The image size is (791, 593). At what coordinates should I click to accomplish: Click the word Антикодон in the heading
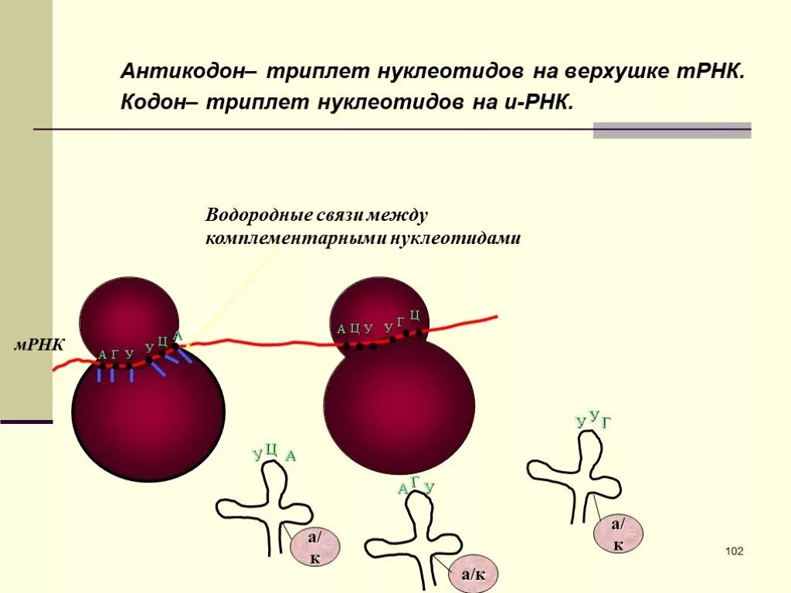click(182, 72)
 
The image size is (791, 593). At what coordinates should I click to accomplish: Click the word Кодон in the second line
click(152, 102)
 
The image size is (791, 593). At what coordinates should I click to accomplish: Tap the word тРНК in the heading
click(711, 72)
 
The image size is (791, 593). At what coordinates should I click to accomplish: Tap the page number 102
click(734, 551)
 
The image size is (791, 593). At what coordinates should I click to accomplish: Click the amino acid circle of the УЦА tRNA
click(314, 548)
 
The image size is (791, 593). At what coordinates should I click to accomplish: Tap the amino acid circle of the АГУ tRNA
click(474, 574)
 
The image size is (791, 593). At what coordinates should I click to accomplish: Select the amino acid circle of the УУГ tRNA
click(618, 534)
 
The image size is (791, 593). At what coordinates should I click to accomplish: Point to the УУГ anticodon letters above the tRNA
click(593, 419)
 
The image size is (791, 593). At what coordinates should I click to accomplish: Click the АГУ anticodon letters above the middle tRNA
click(416, 486)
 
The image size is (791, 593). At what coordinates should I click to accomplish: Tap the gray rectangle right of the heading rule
click(671, 130)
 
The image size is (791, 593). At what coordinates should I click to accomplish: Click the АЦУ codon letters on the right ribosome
click(355, 329)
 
